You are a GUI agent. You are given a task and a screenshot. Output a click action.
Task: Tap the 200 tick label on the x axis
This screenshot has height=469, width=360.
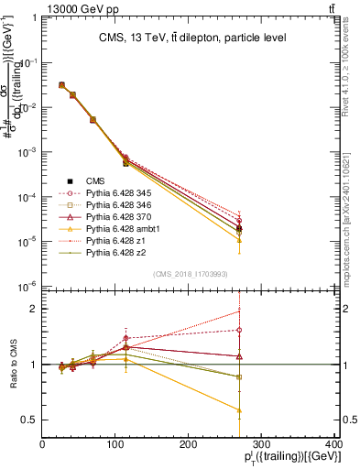(x=189, y=444)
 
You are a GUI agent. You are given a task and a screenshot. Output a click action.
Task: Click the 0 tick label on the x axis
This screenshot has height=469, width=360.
(x=43, y=444)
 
